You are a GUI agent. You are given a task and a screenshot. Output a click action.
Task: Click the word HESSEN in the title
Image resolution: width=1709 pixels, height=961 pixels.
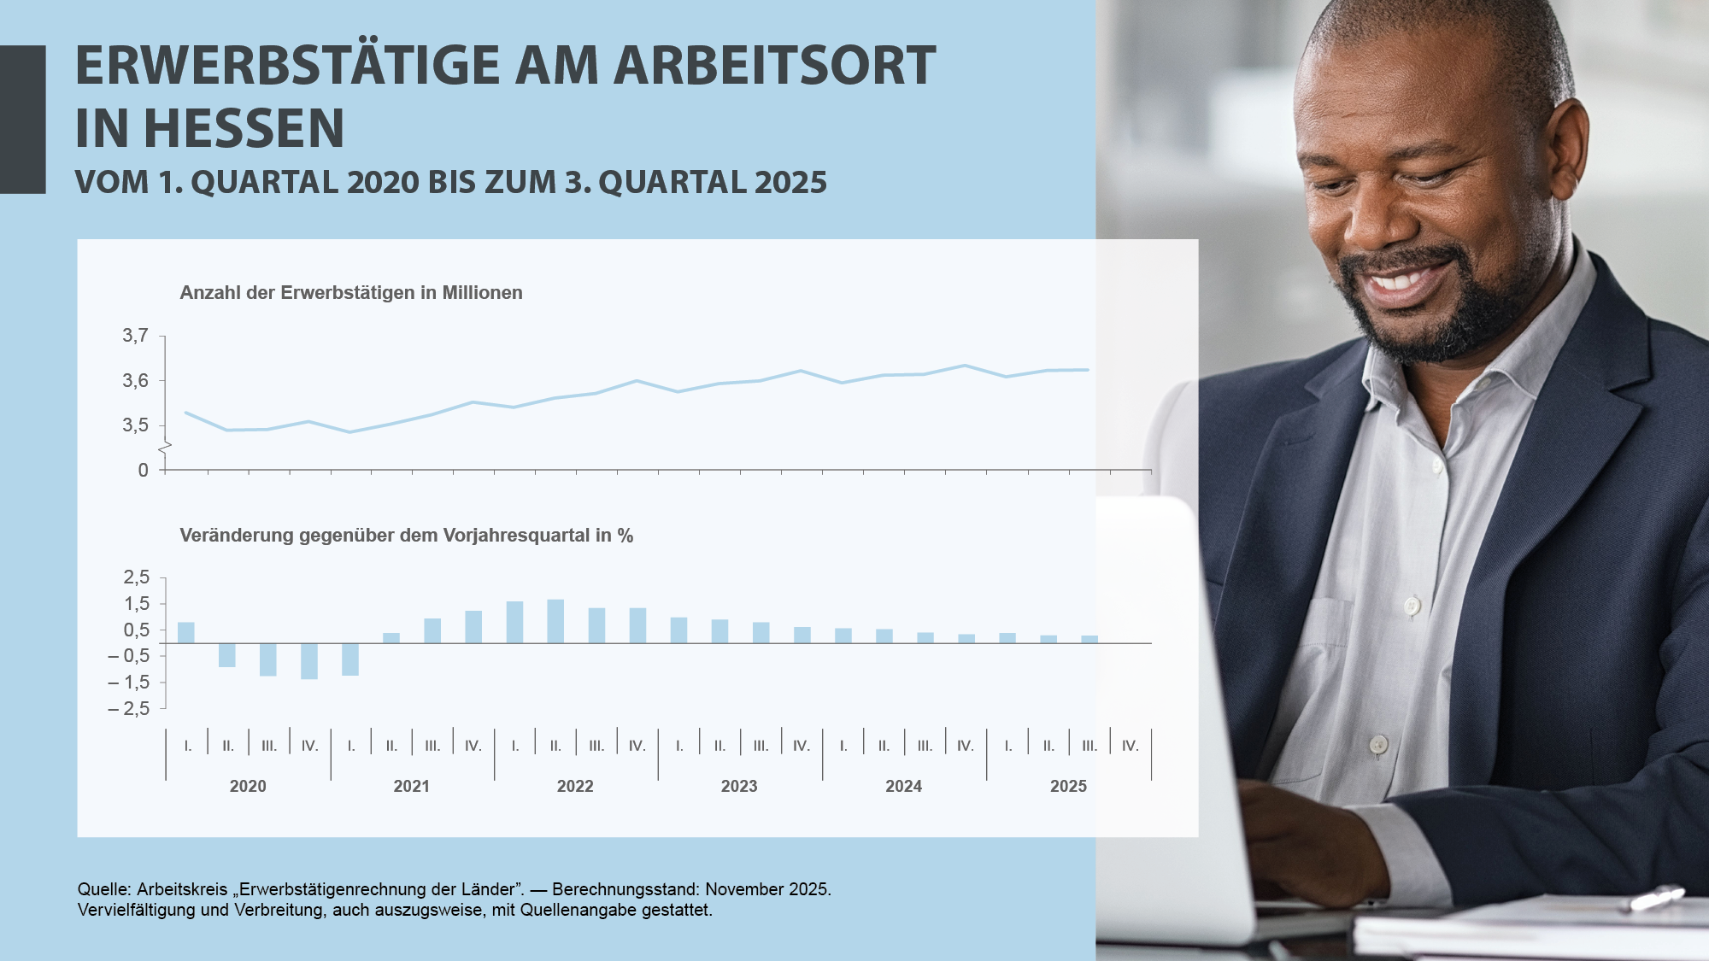[244, 128]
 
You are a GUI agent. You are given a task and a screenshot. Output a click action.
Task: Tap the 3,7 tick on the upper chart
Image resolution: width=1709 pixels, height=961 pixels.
[135, 336]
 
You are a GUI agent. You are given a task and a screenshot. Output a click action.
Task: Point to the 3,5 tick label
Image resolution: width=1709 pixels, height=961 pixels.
[135, 425]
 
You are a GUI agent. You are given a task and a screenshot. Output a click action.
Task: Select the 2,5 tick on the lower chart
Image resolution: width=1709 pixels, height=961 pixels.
[137, 577]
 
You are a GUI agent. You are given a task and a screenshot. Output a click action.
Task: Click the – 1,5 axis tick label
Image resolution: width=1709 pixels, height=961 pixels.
[129, 683]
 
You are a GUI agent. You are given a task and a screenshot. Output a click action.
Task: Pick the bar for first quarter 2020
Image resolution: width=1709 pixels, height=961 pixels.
[186, 632]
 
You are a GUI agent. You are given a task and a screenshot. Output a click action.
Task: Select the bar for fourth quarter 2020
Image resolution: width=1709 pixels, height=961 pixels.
[309, 661]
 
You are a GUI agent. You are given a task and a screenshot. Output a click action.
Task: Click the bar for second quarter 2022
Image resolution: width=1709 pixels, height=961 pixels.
[555, 621]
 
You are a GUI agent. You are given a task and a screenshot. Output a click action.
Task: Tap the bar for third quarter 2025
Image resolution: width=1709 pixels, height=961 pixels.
[1089, 639]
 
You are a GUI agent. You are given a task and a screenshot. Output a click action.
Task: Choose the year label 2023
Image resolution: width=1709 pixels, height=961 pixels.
[739, 786]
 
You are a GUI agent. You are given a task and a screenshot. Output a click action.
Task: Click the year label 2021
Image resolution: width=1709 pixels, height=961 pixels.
[411, 786]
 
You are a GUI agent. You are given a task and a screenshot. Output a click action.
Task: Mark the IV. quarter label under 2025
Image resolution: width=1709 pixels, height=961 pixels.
[1131, 746]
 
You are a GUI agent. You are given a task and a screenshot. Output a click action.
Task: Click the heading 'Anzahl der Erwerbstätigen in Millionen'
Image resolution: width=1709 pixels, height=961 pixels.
[351, 293]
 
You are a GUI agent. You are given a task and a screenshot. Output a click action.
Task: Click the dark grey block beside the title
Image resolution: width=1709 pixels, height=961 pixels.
[23, 120]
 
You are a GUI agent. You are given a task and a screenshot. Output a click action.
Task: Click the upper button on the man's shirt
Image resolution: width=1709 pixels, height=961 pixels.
[1412, 606]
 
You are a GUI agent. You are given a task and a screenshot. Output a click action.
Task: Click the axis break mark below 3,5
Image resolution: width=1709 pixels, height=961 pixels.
[165, 448]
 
